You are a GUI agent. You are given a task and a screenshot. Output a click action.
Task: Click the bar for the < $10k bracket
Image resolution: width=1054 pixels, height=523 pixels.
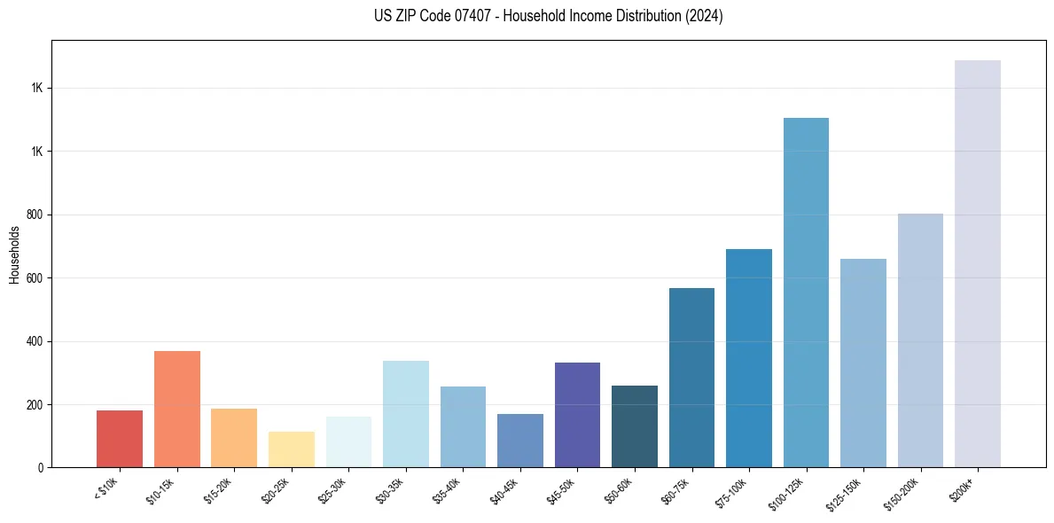tap(120, 439)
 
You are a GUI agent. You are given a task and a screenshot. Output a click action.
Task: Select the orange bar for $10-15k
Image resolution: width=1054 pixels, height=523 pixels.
tap(177, 409)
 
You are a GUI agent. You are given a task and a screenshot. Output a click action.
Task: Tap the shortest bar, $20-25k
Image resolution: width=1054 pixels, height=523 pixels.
tap(292, 449)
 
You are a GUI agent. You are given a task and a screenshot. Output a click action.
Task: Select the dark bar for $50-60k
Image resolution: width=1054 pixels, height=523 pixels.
tap(635, 426)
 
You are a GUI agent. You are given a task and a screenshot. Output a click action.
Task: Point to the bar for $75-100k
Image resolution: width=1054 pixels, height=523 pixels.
tap(749, 358)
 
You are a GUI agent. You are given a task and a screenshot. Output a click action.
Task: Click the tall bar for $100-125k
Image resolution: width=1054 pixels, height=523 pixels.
tap(806, 293)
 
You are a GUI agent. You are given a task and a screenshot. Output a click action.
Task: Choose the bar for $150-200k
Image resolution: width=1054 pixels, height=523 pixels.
tap(920, 340)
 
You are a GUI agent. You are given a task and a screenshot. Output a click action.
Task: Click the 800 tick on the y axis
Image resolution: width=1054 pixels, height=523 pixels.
tap(35, 215)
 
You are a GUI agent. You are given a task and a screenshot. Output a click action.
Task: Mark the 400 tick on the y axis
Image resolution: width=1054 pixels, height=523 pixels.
tap(35, 341)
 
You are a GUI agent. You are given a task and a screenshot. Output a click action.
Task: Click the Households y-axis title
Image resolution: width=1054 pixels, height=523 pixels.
tap(14, 254)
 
